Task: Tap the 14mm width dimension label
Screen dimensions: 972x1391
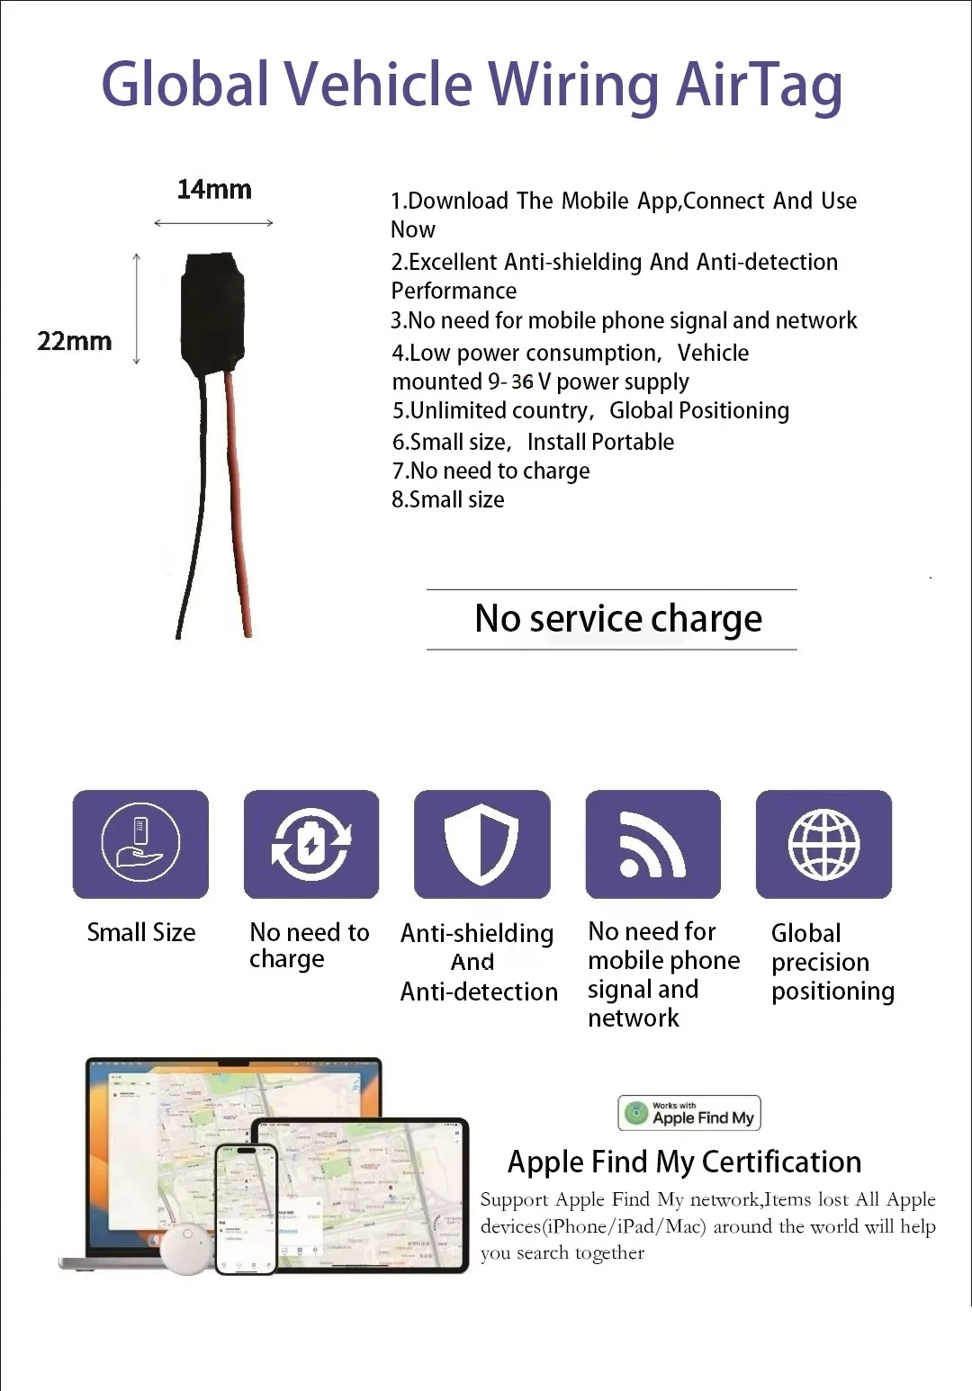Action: click(x=214, y=190)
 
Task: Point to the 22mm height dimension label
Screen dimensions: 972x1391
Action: click(x=75, y=342)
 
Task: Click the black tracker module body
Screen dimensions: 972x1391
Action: click(x=212, y=310)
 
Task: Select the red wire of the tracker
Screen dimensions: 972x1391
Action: click(x=238, y=504)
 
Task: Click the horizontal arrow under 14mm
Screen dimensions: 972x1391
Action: click(x=213, y=222)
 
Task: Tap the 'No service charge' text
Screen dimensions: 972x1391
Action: click(x=618, y=619)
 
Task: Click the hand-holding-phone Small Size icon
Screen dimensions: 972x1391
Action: click(x=140, y=844)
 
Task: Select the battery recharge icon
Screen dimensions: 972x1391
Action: click(x=311, y=844)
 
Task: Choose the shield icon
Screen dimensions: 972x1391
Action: click(x=481, y=844)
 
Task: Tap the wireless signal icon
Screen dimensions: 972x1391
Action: click(x=652, y=844)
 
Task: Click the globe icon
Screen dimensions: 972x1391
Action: click(x=823, y=844)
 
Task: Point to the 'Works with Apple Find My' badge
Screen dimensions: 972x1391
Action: click(x=689, y=1113)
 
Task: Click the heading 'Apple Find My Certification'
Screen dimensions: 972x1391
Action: click(x=684, y=1162)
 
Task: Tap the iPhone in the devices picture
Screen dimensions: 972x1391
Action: click(x=246, y=1208)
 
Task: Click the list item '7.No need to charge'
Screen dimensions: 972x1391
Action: click(x=490, y=471)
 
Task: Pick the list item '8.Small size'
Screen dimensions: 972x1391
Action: click(x=447, y=499)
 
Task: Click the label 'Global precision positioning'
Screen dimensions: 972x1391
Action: click(x=832, y=962)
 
